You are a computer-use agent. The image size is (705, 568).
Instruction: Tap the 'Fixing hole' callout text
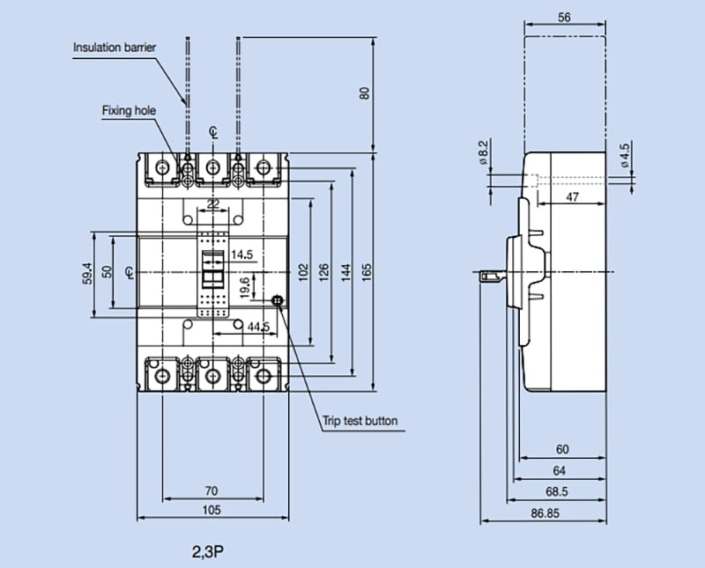tap(129, 111)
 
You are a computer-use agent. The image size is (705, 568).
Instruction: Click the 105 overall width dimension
tap(211, 510)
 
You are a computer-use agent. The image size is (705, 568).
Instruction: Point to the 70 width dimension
tap(211, 491)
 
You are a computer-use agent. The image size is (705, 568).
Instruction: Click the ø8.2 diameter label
tap(482, 151)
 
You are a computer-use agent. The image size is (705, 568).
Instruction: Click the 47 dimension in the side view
tap(572, 198)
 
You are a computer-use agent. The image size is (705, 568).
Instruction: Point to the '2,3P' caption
tap(207, 553)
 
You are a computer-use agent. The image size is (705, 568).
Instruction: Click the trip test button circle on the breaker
tap(279, 301)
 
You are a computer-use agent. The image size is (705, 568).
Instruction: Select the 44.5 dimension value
tap(258, 327)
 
